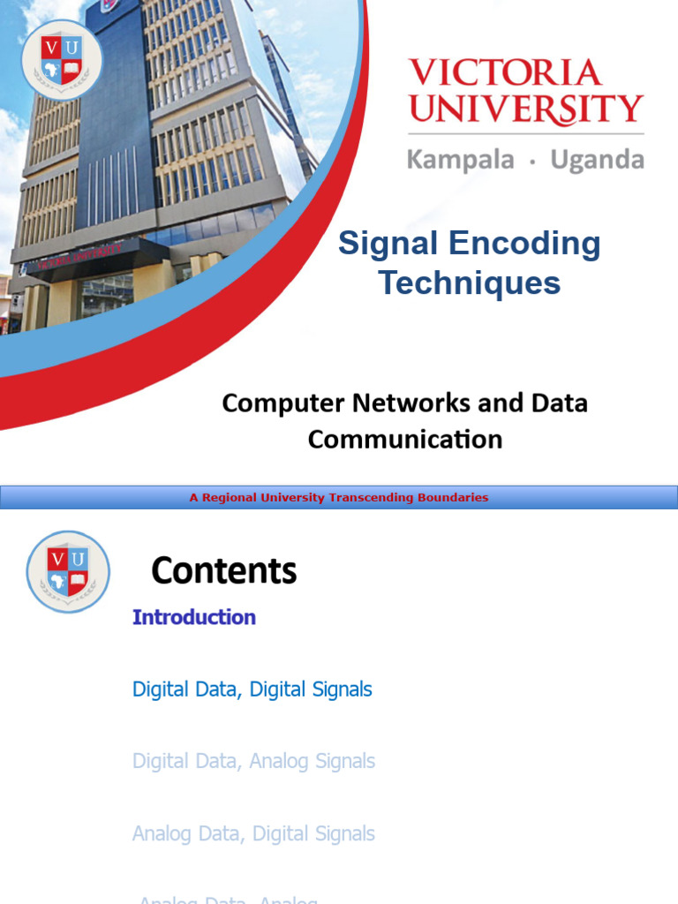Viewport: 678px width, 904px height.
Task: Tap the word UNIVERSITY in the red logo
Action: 526,109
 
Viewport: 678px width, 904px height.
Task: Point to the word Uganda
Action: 597,160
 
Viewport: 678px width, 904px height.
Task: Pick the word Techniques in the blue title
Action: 470,283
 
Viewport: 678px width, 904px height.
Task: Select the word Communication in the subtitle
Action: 405,439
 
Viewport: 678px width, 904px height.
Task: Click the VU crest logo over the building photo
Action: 62,60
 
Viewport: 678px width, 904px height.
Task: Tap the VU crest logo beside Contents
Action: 68,571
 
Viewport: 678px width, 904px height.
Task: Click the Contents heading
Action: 224,571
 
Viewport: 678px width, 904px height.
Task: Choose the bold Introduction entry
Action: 194,617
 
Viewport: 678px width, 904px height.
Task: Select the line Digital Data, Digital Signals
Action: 252,689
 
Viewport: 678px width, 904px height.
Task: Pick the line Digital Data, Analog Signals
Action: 253,761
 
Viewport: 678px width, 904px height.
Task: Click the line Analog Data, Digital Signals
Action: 253,833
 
